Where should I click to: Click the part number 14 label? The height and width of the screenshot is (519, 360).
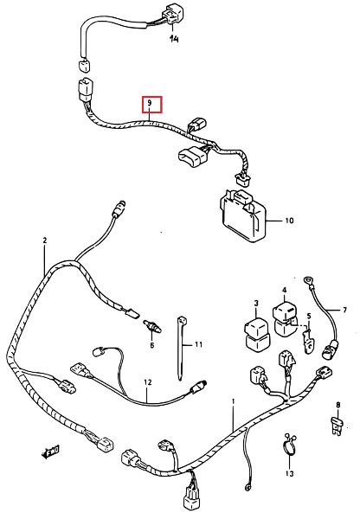click(174, 39)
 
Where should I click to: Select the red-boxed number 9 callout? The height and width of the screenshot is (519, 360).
click(152, 105)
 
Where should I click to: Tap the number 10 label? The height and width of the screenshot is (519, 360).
click(289, 221)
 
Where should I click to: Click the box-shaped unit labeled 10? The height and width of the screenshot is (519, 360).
click(243, 215)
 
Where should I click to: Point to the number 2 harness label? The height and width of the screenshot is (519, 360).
click(45, 240)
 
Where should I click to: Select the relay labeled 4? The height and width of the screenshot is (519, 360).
click(285, 317)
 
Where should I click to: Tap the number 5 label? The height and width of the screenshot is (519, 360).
click(309, 316)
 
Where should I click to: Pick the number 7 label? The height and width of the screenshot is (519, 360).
click(344, 311)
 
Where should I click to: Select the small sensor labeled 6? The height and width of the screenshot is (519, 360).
click(152, 326)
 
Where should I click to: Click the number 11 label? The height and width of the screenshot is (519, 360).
click(198, 344)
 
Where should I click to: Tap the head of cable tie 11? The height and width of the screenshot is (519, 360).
click(182, 320)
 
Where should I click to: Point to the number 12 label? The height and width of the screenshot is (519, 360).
click(148, 382)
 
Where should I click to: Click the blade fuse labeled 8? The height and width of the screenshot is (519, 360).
click(337, 427)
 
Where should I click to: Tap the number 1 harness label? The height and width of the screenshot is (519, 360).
click(233, 401)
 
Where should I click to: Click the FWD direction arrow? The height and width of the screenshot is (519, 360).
click(50, 452)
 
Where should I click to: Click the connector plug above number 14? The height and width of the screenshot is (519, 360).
click(170, 14)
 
